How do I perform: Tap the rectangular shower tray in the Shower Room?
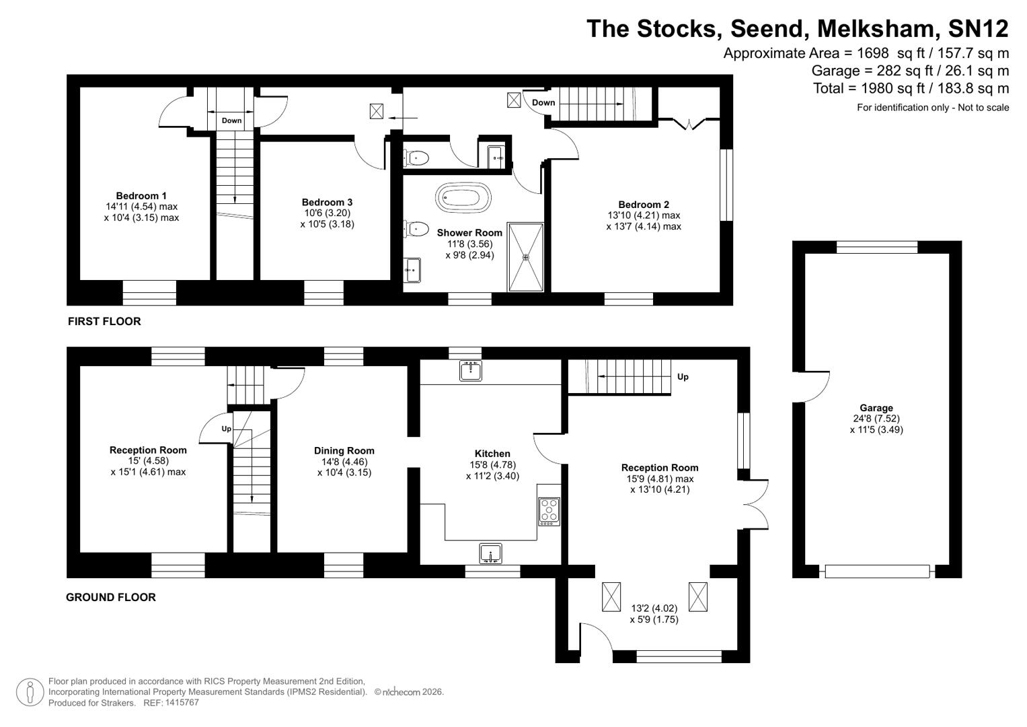click(525, 256)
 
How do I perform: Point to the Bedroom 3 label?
click(327, 202)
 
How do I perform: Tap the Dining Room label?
click(344, 451)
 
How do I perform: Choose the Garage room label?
click(876, 408)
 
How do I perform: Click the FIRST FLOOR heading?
click(104, 322)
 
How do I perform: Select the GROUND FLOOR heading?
click(111, 597)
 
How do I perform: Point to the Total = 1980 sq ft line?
click(911, 88)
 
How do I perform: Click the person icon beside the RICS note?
click(30, 693)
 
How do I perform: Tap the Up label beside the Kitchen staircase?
click(683, 377)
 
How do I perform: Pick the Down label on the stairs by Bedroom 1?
click(231, 121)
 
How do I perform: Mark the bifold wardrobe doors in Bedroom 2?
click(688, 124)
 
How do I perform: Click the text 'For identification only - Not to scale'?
click(932, 108)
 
